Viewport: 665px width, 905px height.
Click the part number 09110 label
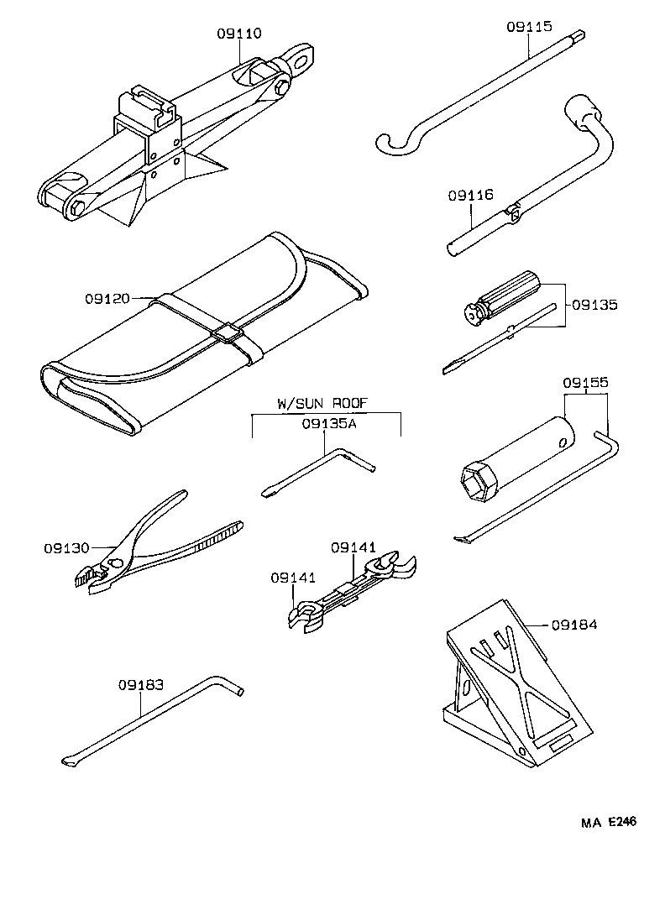pos(238,34)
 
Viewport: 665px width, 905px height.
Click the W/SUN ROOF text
pos(322,402)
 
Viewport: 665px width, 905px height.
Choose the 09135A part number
pos(329,424)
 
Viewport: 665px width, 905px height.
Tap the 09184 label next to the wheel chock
pos(573,625)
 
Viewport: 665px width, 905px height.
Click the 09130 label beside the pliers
pos(66,548)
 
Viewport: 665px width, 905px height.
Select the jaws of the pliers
pos(88,578)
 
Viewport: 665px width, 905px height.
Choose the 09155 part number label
pos(585,384)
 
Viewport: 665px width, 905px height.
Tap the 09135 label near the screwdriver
pos(594,305)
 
